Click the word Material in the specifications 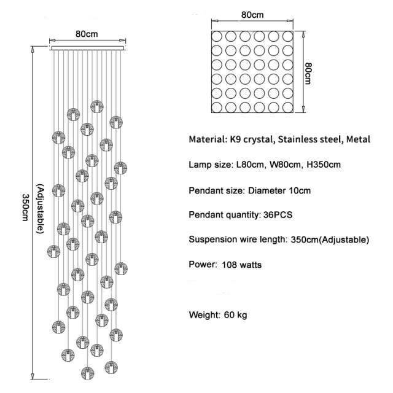click(x=207, y=139)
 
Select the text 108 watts click(x=241, y=265)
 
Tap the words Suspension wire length click(x=238, y=239)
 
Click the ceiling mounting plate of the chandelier click(x=87, y=47)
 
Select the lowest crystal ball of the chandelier click(x=88, y=372)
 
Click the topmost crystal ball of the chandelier click(x=96, y=106)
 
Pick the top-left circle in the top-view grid click(x=217, y=36)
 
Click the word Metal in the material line click(x=358, y=139)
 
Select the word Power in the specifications click(x=201, y=265)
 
